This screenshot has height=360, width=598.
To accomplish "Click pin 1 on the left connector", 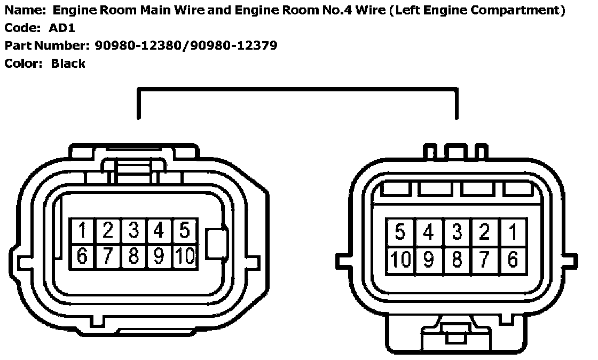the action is (x=83, y=231).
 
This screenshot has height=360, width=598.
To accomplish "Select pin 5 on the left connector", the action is (x=185, y=231).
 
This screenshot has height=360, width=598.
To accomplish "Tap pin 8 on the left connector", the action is (x=134, y=256).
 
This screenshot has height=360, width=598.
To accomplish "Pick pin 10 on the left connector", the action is (x=185, y=256).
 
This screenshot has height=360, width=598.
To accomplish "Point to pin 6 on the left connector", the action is (x=83, y=256).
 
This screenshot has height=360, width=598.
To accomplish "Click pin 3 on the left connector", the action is (x=134, y=231).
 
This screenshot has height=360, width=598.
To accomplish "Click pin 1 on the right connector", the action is (x=513, y=232).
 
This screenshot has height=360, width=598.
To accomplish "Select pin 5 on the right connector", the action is (x=400, y=232).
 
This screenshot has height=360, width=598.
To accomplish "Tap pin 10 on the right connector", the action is (x=400, y=260).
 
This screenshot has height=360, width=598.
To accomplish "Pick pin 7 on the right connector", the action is (x=485, y=260).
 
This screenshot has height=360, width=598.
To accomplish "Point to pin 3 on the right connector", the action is (x=457, y=232).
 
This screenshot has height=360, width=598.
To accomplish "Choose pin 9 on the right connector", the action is (x=428, y=260).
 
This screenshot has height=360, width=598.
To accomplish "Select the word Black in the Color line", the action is (x=68, y=64).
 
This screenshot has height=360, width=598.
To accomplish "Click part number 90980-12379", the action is (x=235, y=45).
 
